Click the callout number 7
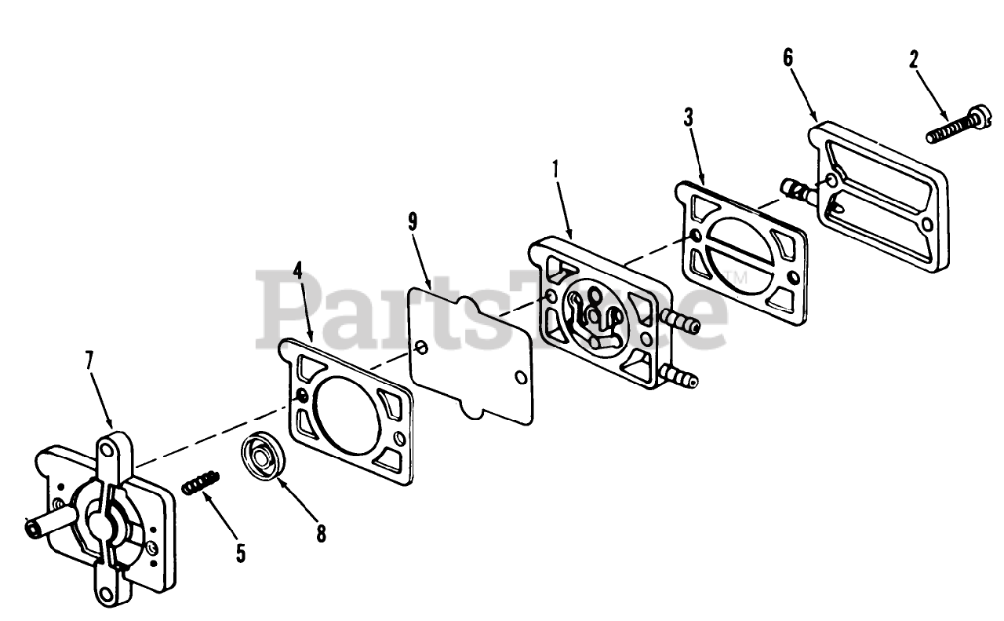coord(89,361)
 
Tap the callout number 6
coord(788,57)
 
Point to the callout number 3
coord(688,118)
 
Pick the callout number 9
coord(413,221)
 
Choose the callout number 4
coord(297,270)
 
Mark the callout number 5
coord(240,553)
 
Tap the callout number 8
coord(320,534)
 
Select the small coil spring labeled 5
coord(201,482)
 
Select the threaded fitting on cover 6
coord(798,188)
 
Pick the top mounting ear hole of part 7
coord(106,450)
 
